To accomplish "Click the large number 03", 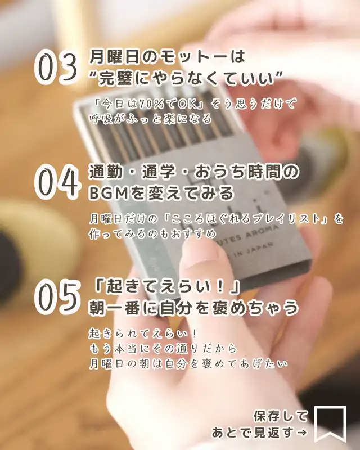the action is (x=56, y=67).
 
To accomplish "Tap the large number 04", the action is (x=57, y=182).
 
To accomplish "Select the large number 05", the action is (x=57, y=297).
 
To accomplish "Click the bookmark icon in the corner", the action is (x=330, y=424).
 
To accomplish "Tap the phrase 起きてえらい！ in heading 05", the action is (x=165, y=287).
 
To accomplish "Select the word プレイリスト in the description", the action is (x=278, y=219).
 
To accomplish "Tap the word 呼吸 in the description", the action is (x=101, y=119).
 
